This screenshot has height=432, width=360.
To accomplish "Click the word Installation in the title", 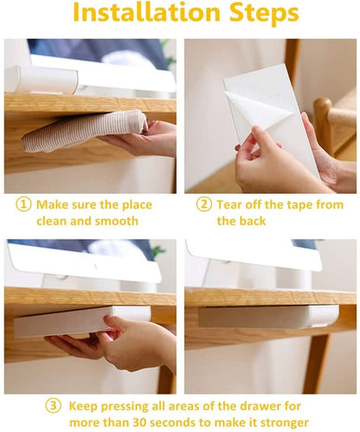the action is click(x=147, y=12).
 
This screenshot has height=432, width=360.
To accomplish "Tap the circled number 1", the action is click(x=23, y=204).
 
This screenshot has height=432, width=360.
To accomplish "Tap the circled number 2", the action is click(x=204, y=204).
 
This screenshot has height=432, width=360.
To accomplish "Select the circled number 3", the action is click(x=54, y=406).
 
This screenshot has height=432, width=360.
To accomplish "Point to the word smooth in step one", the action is click(x=117, y=221).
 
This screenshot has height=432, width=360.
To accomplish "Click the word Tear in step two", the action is click(x=229, y=204).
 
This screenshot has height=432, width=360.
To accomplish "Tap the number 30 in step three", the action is click(x=139, y=422).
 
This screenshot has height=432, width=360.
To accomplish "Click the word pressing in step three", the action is click(x=125, y=407).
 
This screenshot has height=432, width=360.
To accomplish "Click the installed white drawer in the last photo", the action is click(x=268, y=316).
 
